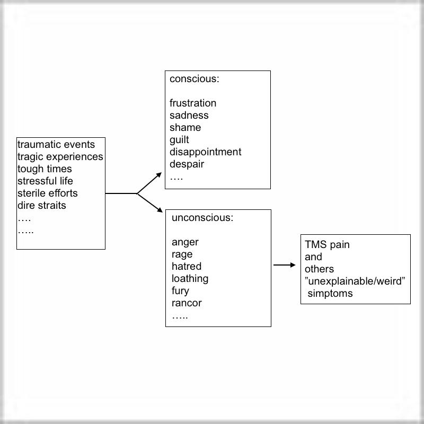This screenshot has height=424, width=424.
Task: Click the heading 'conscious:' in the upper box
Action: [x=195, y=79]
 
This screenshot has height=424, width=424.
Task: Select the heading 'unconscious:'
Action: [x=202, y=218]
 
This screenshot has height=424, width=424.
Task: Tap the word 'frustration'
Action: [x=193, y=103]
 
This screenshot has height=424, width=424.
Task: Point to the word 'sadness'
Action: [x=189, y=116]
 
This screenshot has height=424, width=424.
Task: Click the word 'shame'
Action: [x=185, y=128]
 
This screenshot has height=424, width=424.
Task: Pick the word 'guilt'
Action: [x=179, y=140]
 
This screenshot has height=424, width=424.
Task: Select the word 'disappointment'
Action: [x=205, y=152]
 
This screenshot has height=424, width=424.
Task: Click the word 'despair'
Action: [x=187, y=164]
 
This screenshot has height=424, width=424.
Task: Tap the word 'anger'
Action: [x=185, y=242]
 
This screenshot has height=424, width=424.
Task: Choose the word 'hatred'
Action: [x=187, y=267]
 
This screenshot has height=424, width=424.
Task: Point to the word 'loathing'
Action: [x=190, y=279]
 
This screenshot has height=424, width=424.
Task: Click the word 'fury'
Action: [x=180, y=291]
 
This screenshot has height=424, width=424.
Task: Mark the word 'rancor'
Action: [x=187, y=303]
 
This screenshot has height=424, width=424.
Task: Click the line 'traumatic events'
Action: [x=56, y=144]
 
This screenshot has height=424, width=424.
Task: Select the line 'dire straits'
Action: [x=42, y=206]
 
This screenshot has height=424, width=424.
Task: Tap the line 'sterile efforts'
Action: [x=47, y=193]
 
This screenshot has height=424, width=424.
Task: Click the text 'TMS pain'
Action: [x=327, y=245]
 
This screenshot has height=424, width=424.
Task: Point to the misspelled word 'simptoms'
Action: [x=330, y=294]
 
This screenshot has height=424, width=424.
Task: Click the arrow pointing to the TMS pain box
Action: [x=285, y=265]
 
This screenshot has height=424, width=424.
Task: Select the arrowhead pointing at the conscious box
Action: [x=158, y=175]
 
